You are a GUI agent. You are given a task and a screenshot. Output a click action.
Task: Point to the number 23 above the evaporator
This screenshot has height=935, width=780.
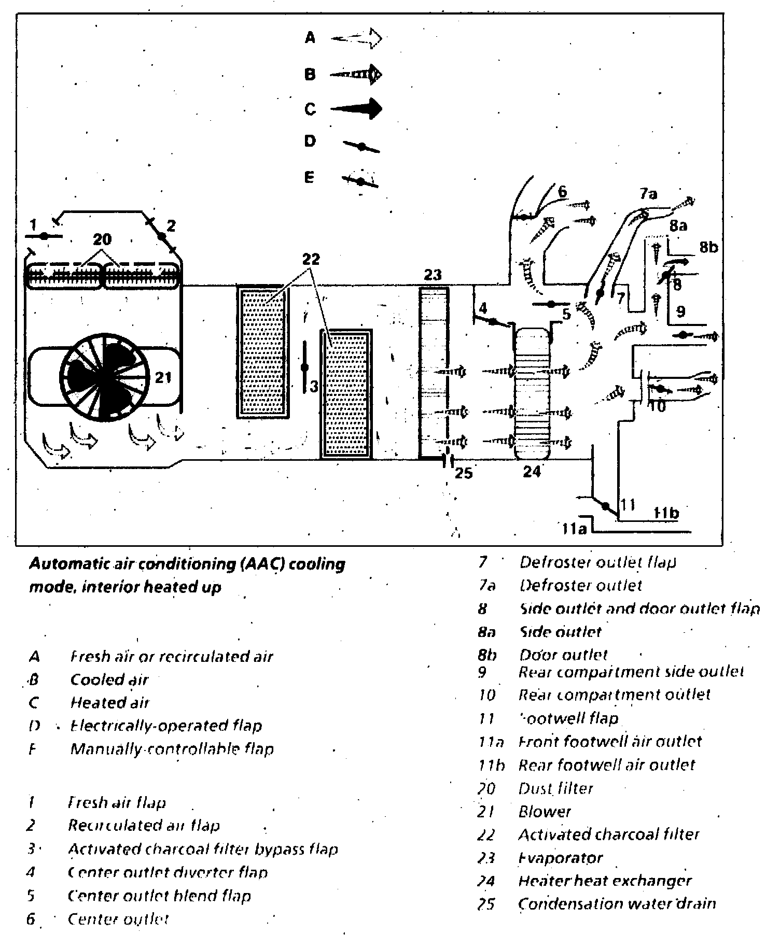(432, 275)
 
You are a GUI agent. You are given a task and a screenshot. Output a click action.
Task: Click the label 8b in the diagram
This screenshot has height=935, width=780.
(708, 248)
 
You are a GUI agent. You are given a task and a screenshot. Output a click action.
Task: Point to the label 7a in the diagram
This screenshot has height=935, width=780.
(648, 194)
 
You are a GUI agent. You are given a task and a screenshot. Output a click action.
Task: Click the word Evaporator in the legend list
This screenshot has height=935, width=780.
(561, 858)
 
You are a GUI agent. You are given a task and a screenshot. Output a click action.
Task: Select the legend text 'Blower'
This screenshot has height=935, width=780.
(545, 812)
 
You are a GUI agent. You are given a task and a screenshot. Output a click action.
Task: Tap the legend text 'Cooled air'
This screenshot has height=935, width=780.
(109, 679)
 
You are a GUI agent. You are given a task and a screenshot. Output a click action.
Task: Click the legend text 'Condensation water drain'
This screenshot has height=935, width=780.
(617, 904)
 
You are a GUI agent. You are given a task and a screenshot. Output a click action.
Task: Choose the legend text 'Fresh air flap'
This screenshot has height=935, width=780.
(117, 803)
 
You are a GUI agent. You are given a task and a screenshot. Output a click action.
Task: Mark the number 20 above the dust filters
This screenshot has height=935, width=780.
(102, 240)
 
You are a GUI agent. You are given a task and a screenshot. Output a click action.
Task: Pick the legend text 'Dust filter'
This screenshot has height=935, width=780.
(555, 788)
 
